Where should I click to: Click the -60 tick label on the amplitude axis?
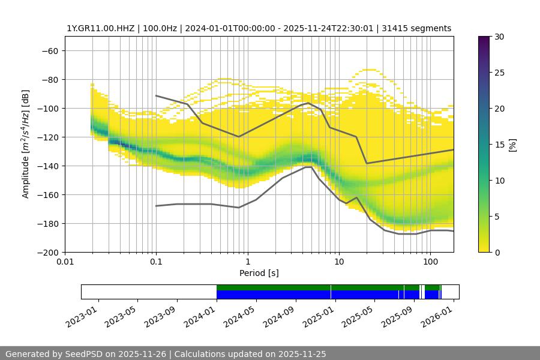50,50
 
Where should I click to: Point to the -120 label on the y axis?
48,137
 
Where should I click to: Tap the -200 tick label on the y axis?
48,252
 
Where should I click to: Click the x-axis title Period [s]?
259,273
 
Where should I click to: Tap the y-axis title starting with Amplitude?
26,144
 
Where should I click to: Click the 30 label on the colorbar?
499,37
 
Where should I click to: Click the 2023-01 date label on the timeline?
82,314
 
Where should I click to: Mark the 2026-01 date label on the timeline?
437,314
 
